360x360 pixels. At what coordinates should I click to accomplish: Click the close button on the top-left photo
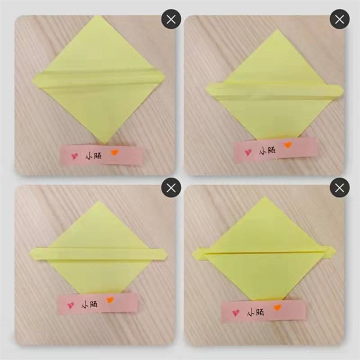coord(171,19)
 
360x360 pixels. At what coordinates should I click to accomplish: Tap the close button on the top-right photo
coord(340,19)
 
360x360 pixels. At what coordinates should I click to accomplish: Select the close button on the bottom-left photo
coord(171,187)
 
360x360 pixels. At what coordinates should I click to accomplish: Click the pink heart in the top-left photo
coord(75,156)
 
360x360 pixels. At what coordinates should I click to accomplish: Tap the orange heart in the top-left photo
coord(115,152)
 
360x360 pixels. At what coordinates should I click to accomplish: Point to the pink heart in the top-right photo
coord(248,152)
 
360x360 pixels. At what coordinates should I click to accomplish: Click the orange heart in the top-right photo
coord(287,145)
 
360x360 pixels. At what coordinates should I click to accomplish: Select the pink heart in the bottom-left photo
coord(71,305)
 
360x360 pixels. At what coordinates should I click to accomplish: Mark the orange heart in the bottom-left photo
coord(110,300)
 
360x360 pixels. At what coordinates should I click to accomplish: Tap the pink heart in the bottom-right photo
coord(236,313)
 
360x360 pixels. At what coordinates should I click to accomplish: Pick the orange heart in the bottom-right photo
coord(277,307)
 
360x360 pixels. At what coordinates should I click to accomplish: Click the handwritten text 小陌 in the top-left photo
coord(93,156)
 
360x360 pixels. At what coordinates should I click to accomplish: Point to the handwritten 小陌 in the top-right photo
coord(268,151)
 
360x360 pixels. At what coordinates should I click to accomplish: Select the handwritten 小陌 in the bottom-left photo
coord(89,305)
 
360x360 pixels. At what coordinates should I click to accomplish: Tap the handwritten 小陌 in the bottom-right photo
coord(255,312)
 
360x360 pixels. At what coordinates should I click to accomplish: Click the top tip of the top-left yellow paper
coord(98,16)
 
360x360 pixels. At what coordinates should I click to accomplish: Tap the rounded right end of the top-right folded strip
coord(341,90)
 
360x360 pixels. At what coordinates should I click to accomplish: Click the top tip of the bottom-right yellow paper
coord(265,197)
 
